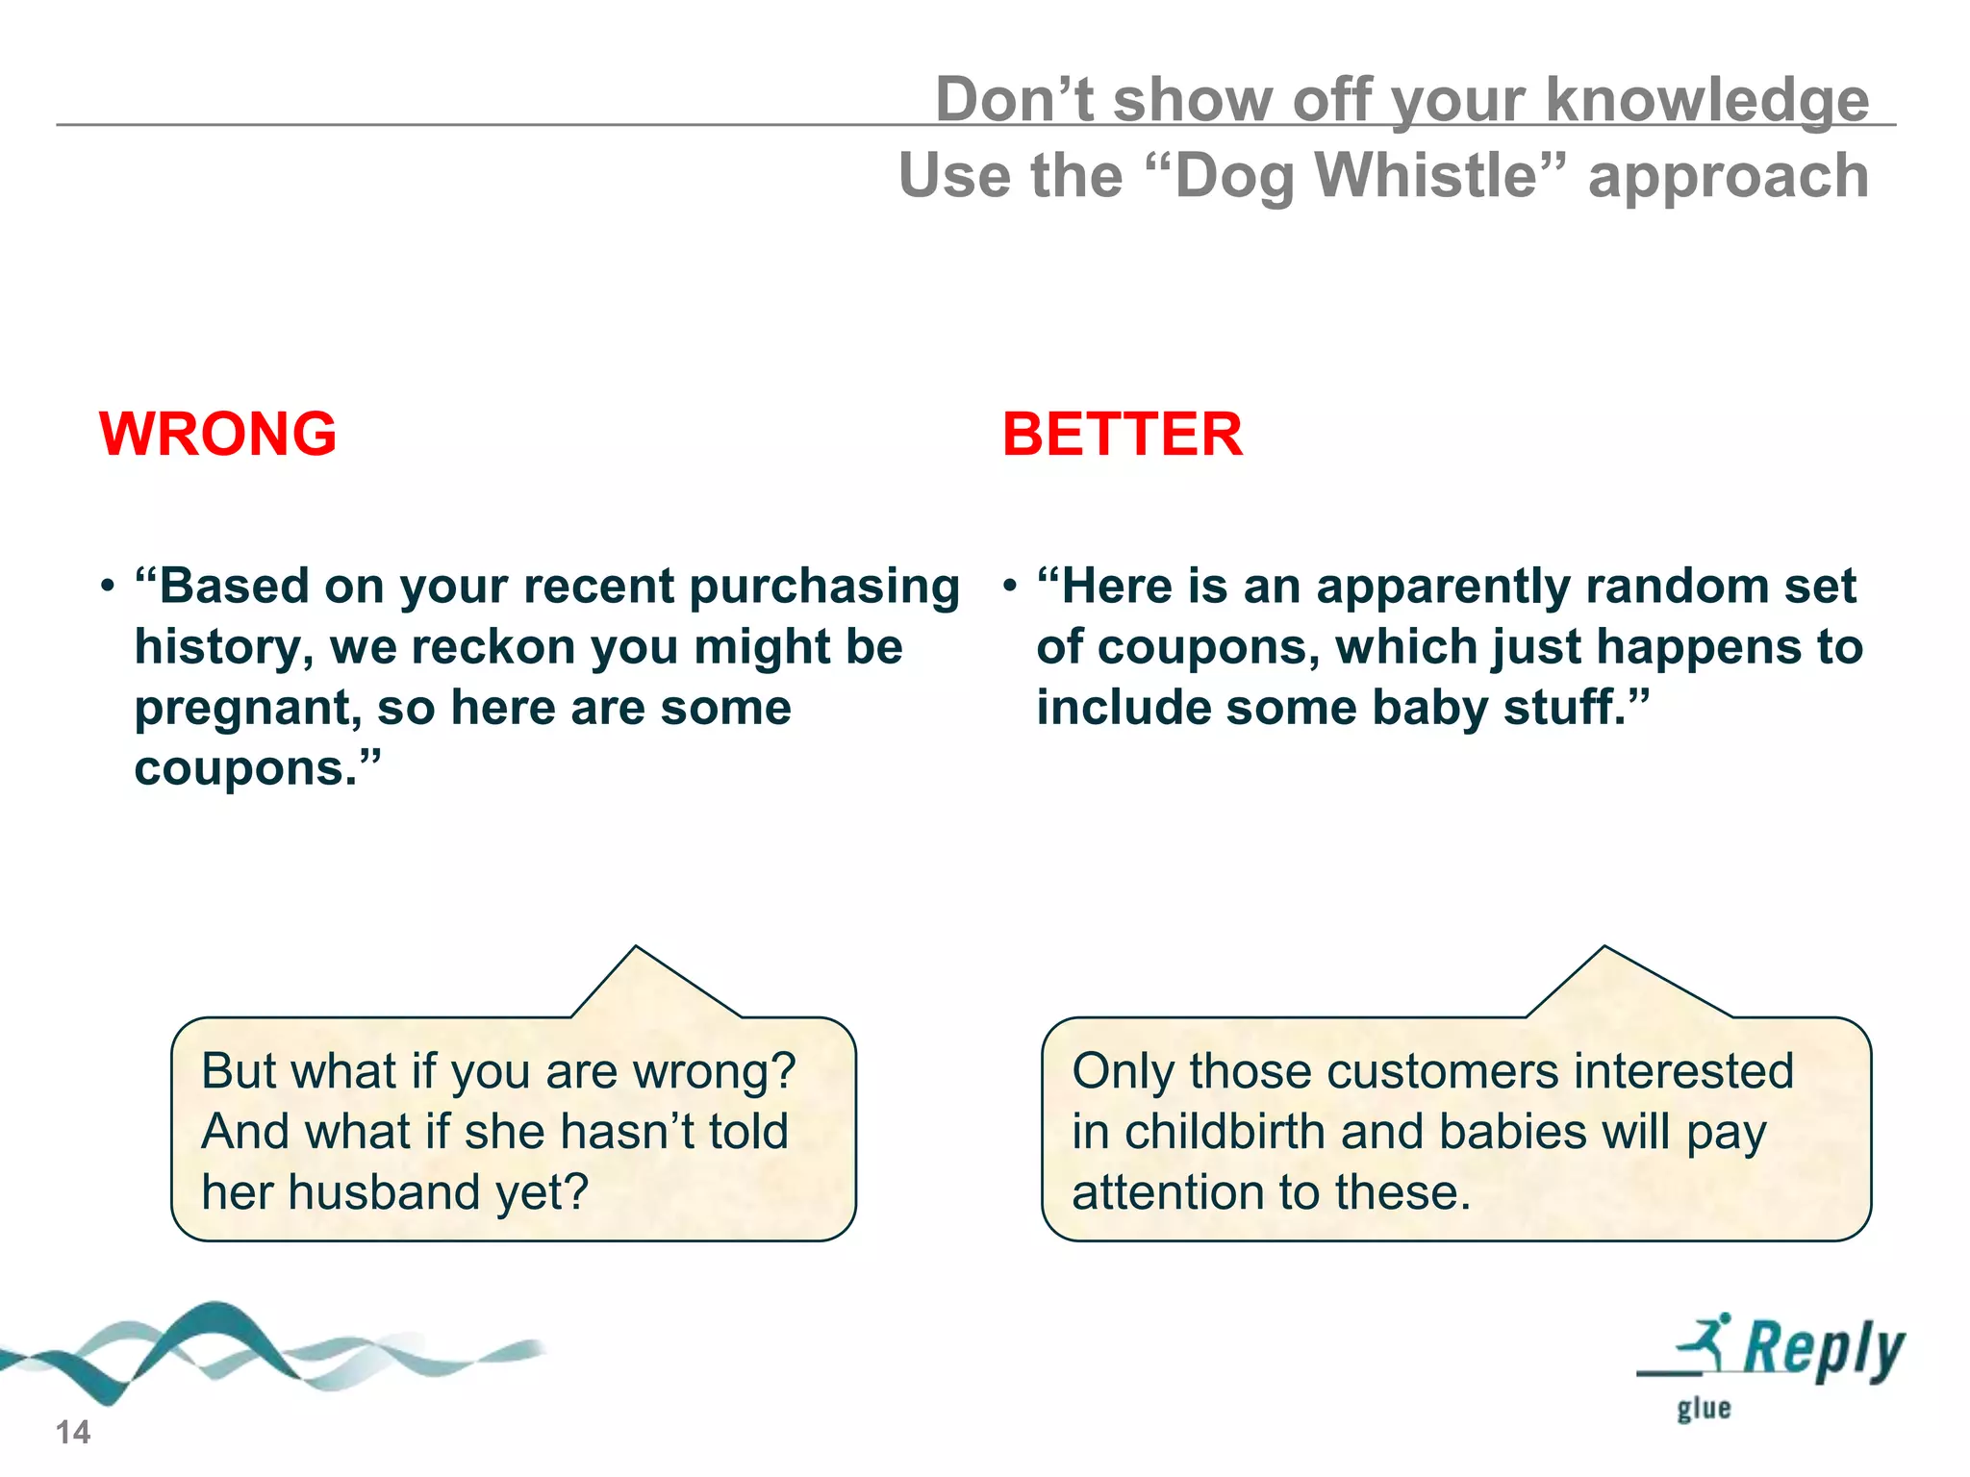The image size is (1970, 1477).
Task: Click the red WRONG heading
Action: (217, 434)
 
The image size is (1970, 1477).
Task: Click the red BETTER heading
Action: (1122, 434)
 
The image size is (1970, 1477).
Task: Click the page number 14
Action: (72, 1432)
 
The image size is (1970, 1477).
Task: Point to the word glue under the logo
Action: (1704, 1409)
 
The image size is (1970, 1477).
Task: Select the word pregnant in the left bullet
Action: (247, 709)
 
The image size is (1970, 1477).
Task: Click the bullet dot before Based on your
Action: (108, 586)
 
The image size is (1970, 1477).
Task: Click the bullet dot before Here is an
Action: (1009, 586)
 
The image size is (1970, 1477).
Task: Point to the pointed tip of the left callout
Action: (636, 948)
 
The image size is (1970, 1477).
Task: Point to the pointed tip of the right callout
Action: (1604, 948)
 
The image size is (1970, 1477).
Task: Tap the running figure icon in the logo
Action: (1706, 1341)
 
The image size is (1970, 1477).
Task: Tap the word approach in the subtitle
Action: (1728, 177)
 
